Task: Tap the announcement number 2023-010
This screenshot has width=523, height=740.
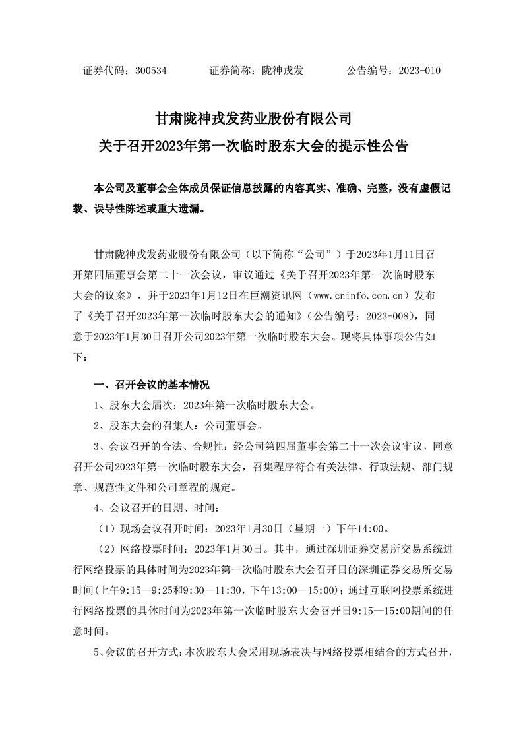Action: click(x=419, y=71)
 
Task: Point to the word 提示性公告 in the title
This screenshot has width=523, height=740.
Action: click(x=374, y=145)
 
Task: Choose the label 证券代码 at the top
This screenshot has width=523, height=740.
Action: click(x=102, y=71)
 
